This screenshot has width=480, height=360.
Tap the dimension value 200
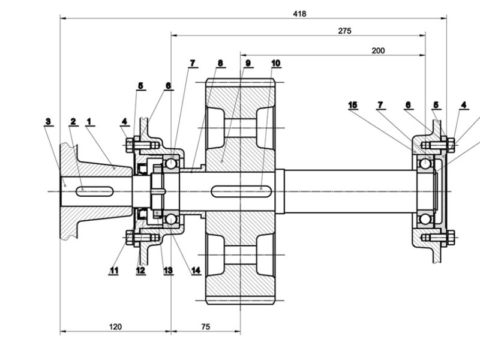click(378, 50)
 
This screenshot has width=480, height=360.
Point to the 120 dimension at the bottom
click(116, 327)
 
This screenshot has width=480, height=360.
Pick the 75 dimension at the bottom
click(205, 327)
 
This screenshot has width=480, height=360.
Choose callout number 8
click(220, 62)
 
